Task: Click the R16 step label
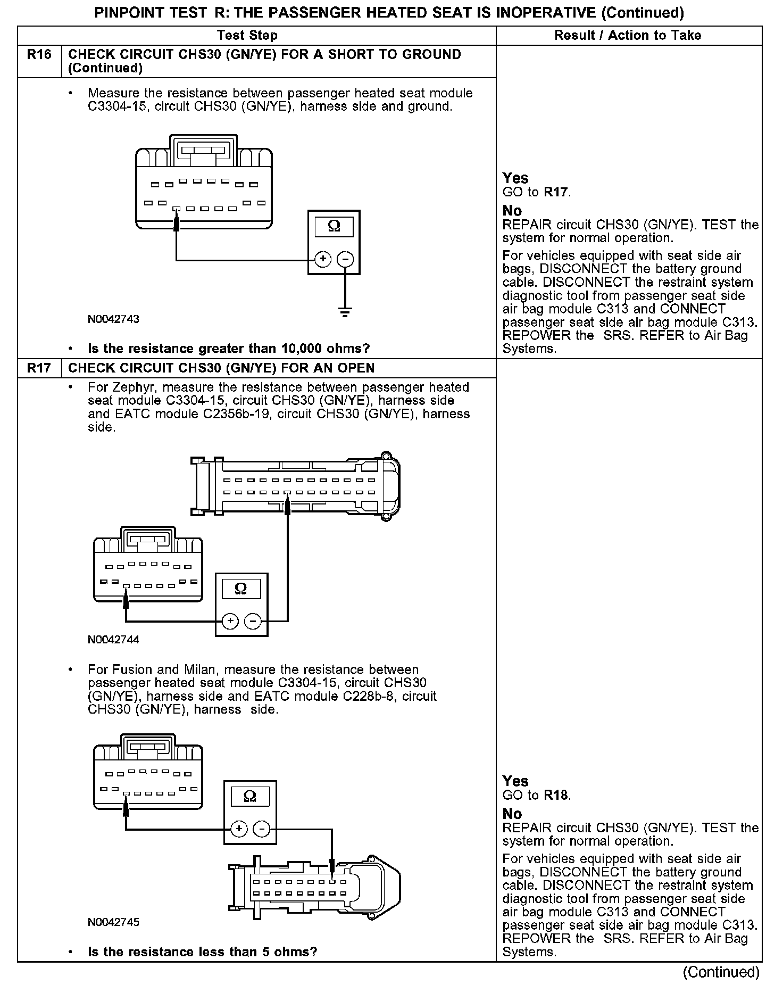(x=39, y=55)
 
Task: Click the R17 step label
(x=39, y=368)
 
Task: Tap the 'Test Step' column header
(x=247, y=36)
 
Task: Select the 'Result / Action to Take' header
(x=628, y=36)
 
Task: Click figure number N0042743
(x=114, y=319)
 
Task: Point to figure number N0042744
(x=114, y=640)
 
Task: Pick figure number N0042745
(x=114, y=922)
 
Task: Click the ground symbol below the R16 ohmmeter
(x=345, y=312)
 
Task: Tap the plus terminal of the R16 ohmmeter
(x=323, y=259)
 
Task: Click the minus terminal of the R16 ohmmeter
(x=346, y=259)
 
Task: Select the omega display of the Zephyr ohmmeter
(x=241, y=589)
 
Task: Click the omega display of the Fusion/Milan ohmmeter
(x=250, y=796)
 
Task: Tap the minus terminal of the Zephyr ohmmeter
(x=253, y=621)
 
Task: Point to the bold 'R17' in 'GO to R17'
(x=556, y=192)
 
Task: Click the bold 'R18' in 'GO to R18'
(x=556, y=796)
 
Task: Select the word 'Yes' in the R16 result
(x=515, y=178)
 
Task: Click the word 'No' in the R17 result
(x=512, y=814)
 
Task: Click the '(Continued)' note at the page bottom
(x=721, y=972)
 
